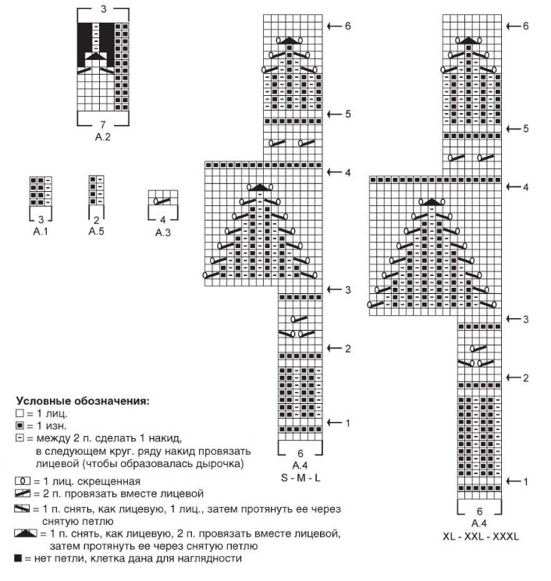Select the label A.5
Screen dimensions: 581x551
pyautogui.click(x=97, y=231)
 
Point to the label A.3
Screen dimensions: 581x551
pyautogui.click(x=164, y=232)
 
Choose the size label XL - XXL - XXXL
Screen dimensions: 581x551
pyautogui.click(x=479, y=537)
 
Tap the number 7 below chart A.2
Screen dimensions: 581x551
pyautogui.click(x=103, y=125)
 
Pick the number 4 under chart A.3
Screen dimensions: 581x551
pyautogui.click(x=164, y=221)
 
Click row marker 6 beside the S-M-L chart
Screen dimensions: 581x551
pyautogui.click(x=347, y=26)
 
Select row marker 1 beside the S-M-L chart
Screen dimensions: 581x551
pyautogui.click(x=347, y=423)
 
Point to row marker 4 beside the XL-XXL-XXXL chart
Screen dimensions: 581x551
pyautogui.click(x=527, y=187)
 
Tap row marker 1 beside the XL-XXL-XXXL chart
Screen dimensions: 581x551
pyautogui.click(x=527, y=481)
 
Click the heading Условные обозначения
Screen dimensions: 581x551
pyautogui.click(x=83, y=401)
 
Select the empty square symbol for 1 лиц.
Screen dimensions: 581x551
pyautogui.click(x=19, y=413)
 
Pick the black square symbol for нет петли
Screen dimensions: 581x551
pyautogui.click(x=18, y=558)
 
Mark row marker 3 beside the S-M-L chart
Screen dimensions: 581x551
pyautogui.click(x=347, y=290)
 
